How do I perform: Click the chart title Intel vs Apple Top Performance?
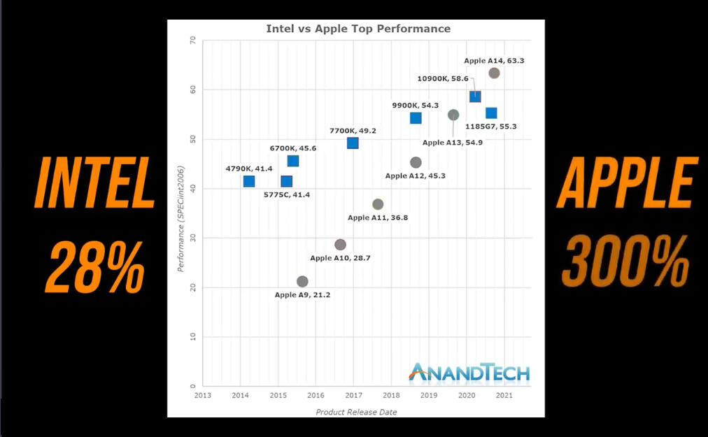click(358, 29)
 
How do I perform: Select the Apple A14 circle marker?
click(494, 73)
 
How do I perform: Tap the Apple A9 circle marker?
click(302, 282)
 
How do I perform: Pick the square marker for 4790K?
click(249, 182)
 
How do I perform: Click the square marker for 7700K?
click(353, 143)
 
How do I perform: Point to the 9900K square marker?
click(416, 118)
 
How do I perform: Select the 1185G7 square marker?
click(491, 113)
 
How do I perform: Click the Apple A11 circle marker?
click(378, 204)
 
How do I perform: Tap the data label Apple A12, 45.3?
click(416, 176)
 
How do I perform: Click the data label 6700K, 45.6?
click(293, 148)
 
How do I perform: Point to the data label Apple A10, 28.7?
click(340, 258)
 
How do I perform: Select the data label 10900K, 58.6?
click(442, 79)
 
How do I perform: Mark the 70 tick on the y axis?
click(193, 41)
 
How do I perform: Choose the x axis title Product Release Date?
click(356, 412)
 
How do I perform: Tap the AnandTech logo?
click(469, 373)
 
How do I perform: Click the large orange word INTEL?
click(95, 183)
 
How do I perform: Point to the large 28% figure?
click(94, 266)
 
